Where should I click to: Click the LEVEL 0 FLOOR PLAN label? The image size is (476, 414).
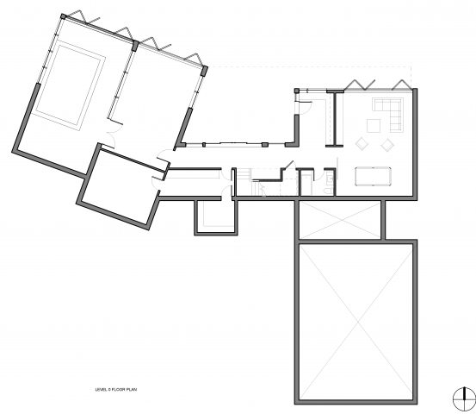click(116, 389)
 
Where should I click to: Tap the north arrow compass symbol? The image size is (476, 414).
click(465, 398)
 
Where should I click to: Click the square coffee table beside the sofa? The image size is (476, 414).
click(374, 126)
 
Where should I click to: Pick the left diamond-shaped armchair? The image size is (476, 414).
click(362, 144)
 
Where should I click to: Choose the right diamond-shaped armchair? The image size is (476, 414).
click(387, 144)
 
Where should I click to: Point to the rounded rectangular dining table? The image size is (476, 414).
click(373, 176)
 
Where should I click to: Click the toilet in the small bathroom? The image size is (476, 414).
click(328, 191)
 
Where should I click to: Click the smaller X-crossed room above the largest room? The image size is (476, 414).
click(340, 220)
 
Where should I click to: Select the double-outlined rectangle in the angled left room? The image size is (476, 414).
click(71, 85)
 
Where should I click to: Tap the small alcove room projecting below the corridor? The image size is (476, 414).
click(216, 216)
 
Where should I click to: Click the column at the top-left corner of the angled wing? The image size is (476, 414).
click(63, 16)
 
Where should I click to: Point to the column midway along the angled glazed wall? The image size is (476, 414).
click(135, 46)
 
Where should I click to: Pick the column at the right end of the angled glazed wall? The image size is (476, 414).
click(205, 71)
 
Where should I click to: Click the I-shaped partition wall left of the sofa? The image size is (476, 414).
click(335, 119)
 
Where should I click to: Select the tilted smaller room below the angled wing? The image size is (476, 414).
click(119, 186)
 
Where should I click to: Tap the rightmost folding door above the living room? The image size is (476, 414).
click(402, 85)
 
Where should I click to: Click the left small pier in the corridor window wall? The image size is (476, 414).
click(204, 145)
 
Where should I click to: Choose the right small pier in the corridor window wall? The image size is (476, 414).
click(265, 145)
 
